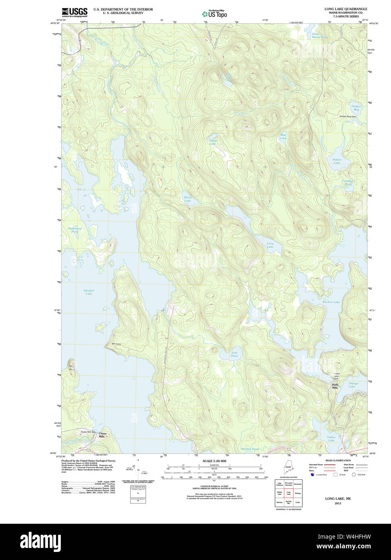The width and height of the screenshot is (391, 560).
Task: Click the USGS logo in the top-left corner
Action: pyautogui.click(x=74, y=12)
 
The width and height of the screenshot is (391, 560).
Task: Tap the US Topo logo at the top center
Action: pyautogui.click(x=215, y=14)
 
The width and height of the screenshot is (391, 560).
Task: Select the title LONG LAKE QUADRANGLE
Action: pyautogui.click(x=345, y=9)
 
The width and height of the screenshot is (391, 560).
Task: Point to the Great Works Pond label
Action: pyautogui.click(x=319, y=36)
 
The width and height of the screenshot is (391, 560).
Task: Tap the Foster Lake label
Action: pyautogui.click(x=213, y=142)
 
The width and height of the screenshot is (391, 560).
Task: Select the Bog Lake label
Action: pyautogui.click(x=283, y=137)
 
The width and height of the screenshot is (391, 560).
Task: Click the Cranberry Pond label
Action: pyautogui.click(x=348, y=183)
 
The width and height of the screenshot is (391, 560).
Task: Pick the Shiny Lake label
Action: pyautogui.click(x=188, y=199)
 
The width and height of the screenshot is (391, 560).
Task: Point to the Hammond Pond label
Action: pyautogui.click(x=74, y=230)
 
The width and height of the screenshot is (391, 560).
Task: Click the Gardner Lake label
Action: pyautogui.click(x=89, y=292)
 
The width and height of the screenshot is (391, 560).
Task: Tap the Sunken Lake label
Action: pyautogui.click(x=331, y=302)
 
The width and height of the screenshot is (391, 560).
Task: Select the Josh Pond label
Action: pyautogui.click(x=234, y=354)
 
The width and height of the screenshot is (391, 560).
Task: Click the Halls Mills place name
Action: pyautogui.click(x=335, y=386)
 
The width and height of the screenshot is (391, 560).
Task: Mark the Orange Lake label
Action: pyautogui.click(x=353, y=385)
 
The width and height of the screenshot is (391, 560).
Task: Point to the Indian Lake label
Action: pyautogui.click(x=331, y=439)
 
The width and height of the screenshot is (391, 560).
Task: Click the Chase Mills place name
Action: pyautogui.click(x=102, y=435)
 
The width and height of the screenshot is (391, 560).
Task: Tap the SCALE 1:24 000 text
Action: pyautogui.click(x=214, y=461)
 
